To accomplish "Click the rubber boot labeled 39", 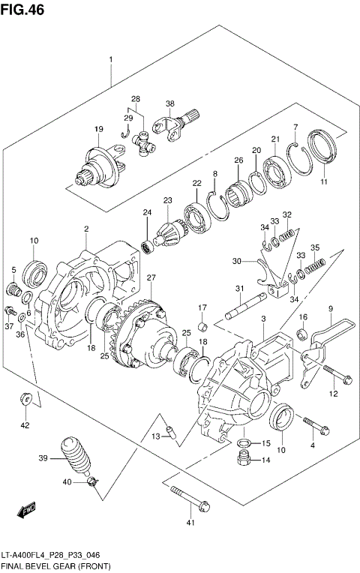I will point(75,458).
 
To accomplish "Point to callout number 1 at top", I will point(110,58).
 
